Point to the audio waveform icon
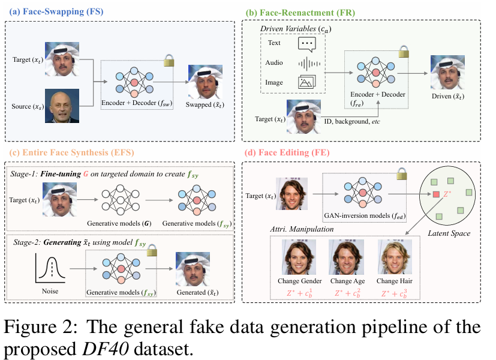pyautogui.click(x=306, y=63)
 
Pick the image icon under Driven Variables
pyautogui.click(x=306, y=82)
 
